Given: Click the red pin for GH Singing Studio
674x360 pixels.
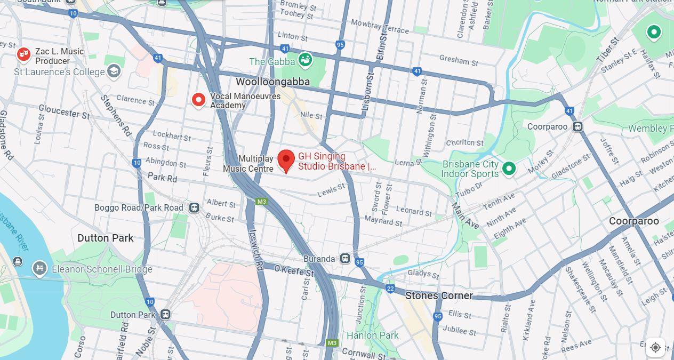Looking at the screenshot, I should [286, 160].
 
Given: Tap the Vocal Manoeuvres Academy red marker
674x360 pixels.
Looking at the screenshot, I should [198, 100].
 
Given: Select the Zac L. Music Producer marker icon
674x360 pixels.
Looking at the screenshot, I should [23, 53].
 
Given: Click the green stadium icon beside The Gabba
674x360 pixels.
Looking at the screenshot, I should [305, 60].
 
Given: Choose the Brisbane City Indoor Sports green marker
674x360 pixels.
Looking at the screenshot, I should [509, 169].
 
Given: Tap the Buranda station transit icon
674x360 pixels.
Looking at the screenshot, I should [346, 259].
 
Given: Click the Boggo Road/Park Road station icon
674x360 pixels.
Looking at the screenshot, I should [194, 207].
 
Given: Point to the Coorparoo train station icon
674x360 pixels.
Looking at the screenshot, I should [577, 126].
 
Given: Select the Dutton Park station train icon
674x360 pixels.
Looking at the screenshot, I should [165, 315].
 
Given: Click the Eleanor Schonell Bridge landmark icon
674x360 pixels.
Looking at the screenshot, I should [39, 268].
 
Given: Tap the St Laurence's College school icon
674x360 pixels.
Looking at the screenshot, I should [114, 71].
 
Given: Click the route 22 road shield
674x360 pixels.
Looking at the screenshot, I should [390, 289].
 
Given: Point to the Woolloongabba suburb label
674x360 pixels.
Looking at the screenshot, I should [272, 82].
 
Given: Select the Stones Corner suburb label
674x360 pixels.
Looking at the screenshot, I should [439, 295].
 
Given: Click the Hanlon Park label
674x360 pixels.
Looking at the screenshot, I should [372, 335].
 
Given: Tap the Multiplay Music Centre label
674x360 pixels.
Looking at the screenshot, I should [248, 164].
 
